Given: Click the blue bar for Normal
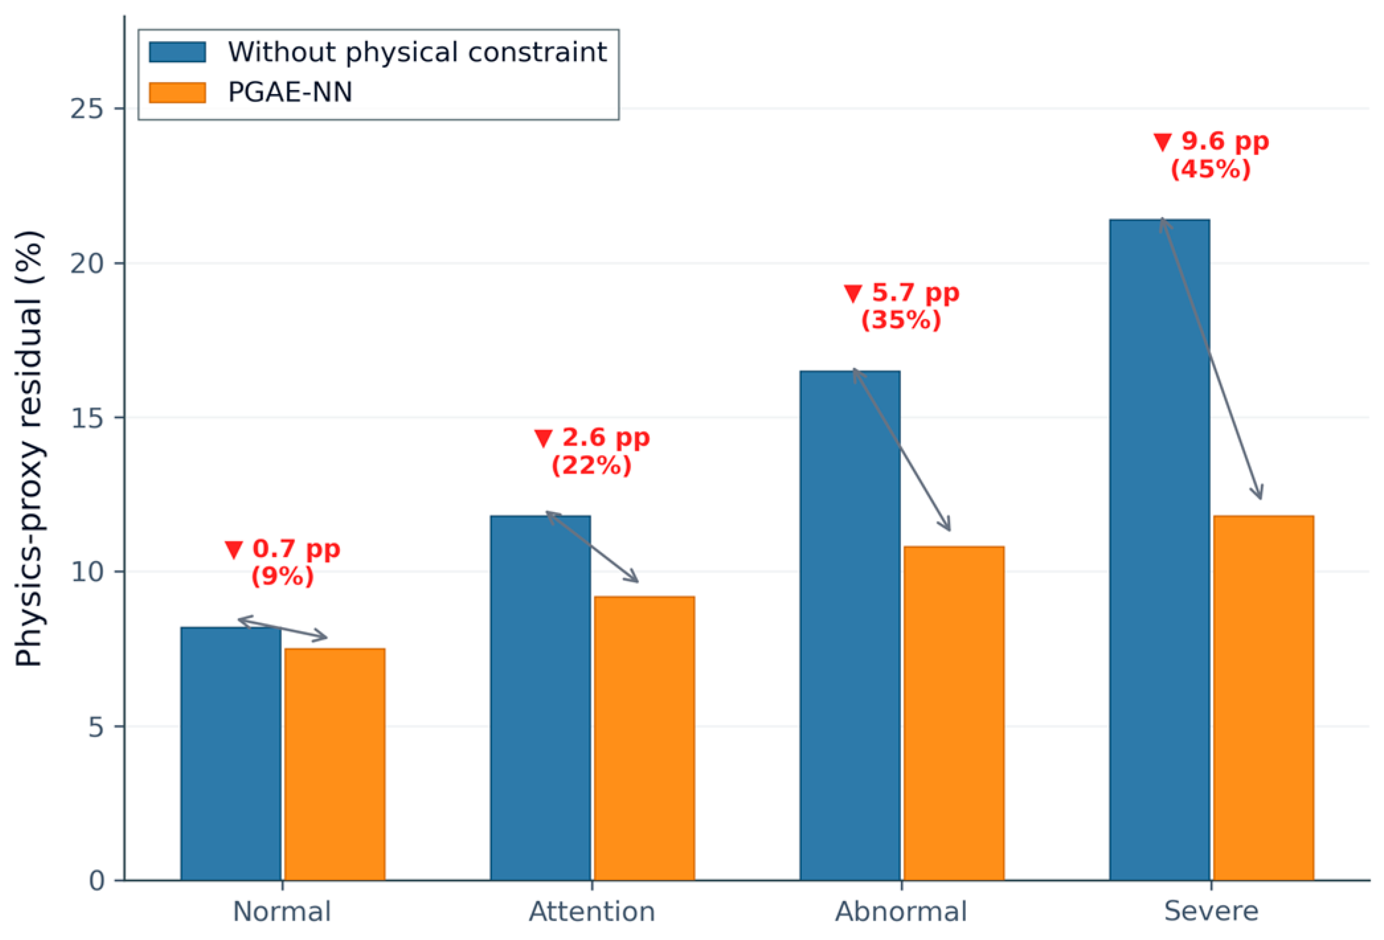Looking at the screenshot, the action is [231, 753].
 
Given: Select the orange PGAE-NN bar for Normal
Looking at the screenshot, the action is [335, 764].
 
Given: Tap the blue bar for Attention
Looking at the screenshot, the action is [541, 698].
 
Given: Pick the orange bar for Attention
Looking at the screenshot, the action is [644, 738].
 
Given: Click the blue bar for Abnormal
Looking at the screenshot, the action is [850, 625].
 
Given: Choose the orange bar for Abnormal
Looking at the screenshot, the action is [954, 713].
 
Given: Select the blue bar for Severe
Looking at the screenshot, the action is [1160, 550].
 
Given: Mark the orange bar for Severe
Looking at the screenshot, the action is [1264, 698].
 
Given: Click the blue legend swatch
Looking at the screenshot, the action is [177, 52].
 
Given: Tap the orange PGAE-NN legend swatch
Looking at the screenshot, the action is [177, 92].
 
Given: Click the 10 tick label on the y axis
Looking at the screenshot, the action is [87, 572].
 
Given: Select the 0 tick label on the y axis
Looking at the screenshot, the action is [97, 880].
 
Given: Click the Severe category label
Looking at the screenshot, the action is [1211, 912].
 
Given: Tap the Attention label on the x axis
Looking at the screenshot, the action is [592, 912].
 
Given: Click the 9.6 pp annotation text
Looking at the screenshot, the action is [1225, 142].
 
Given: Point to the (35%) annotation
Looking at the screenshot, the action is [901, 321].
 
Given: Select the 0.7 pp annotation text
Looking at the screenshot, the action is [296, 549].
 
